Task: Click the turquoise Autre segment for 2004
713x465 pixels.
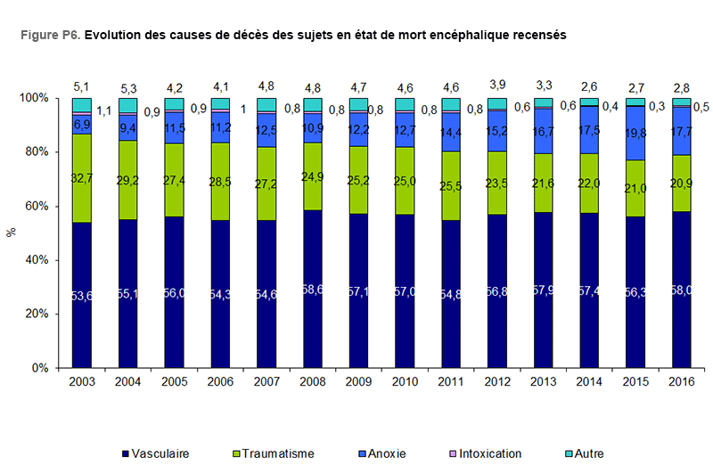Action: [x=128, y=104]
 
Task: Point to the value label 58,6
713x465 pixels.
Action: [x=313, y=291]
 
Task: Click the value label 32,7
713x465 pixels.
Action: [x=82, y=178]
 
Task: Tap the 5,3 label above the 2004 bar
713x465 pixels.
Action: [x=127, y=87]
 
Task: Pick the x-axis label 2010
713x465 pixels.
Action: [x=406, y=381]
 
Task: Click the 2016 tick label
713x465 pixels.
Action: [x=683, y=381]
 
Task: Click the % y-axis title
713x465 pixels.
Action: [x=12, y=232]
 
